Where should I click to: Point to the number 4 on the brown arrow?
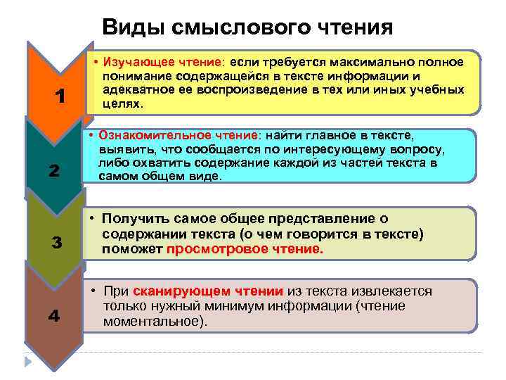point(53,316)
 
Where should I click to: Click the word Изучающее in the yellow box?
point(134,62)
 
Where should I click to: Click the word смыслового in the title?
point(234,27)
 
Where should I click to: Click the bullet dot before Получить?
point(93,220)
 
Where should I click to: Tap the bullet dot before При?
point(93,291)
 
